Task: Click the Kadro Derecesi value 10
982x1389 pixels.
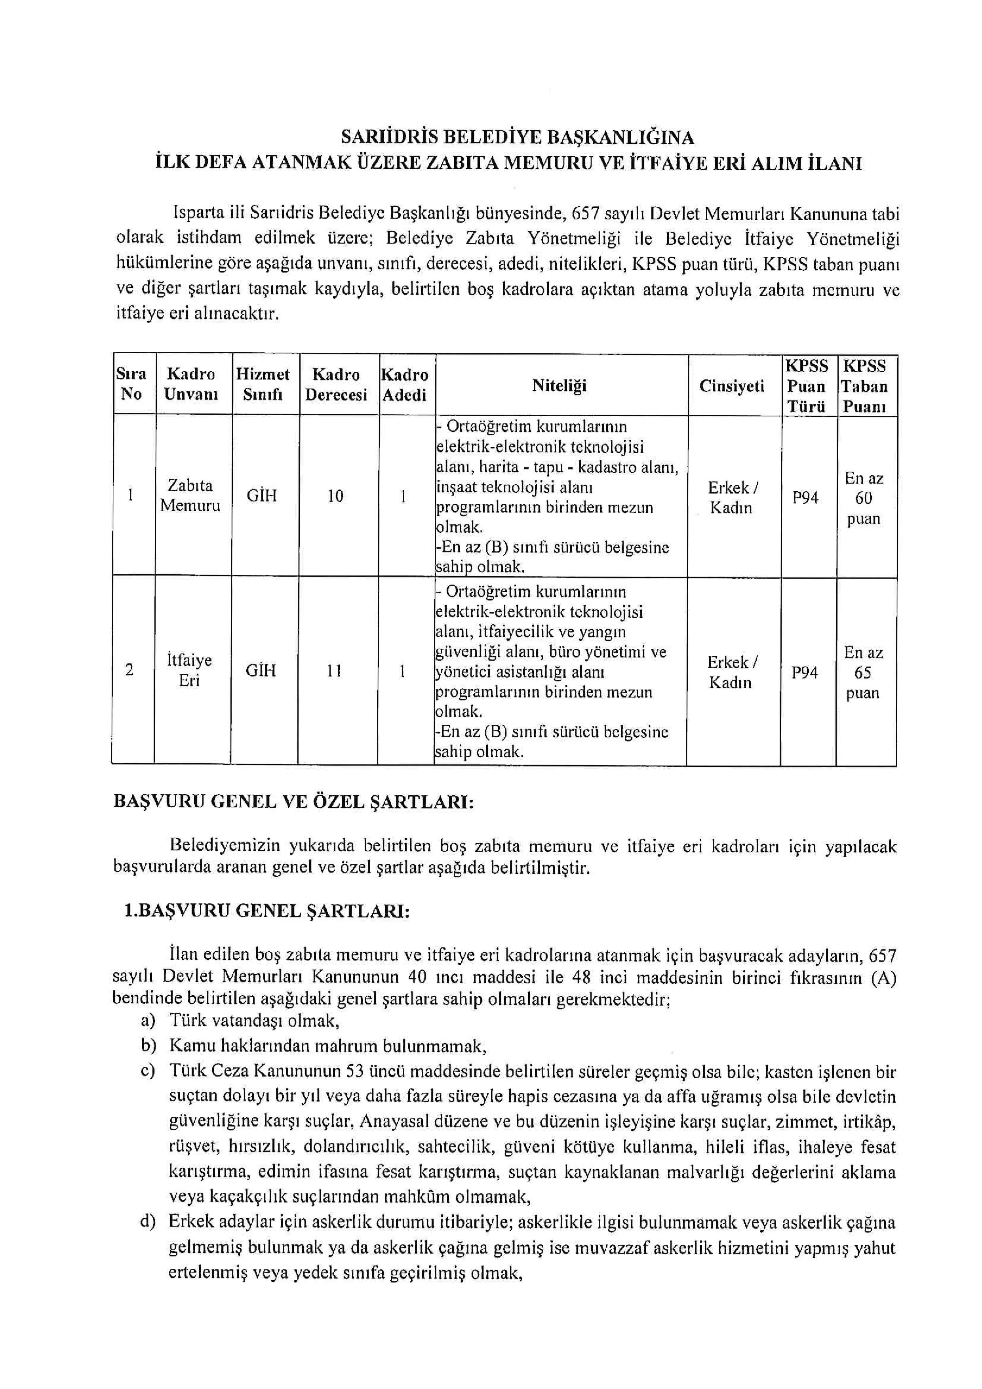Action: coord(336,496)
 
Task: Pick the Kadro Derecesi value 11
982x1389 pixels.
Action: coord(334,671)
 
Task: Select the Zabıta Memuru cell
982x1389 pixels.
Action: coord(190,495)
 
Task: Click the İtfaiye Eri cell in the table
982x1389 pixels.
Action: coord(189,670)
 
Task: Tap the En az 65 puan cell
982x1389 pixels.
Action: coord(863,672)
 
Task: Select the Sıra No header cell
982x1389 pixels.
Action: coord(131,384)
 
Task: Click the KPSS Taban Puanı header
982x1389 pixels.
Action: coord(865,386)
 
